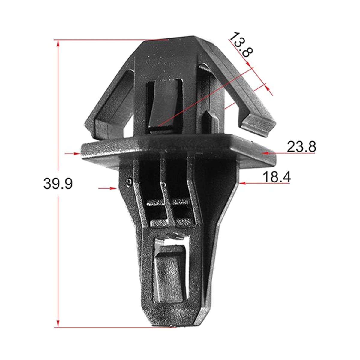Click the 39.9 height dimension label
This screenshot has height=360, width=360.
pos(58,183)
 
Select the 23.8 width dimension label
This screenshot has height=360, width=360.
pos(301,147)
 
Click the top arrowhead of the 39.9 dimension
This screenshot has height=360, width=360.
pos(58,43)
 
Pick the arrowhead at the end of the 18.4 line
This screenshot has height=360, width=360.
pos(243,183)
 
